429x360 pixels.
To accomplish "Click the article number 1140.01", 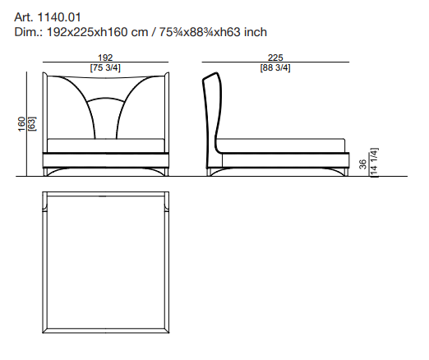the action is pyautogui.click(x=58, y=17).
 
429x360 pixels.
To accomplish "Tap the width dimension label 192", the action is pyautogui.click(x=105, y=58).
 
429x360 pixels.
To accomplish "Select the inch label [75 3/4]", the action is pyautogui.click(x=105, y=67).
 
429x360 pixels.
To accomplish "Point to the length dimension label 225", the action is pyautogui.click(x=275, y=58).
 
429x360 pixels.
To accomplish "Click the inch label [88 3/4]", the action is pyautogui.click(x=275, y=67).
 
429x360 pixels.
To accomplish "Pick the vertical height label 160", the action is pyautogui.click(x=21, y=124).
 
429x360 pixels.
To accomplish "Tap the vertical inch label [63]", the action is pyautogui.click(x=32, y=124).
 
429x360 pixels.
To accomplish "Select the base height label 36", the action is pyautogui.click(x=362, y=164).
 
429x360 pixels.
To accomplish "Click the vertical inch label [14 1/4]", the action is pyautogui.click(x=374, y=163).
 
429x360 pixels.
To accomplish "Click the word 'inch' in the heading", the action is pyautogui.click(x=256, y=32).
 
